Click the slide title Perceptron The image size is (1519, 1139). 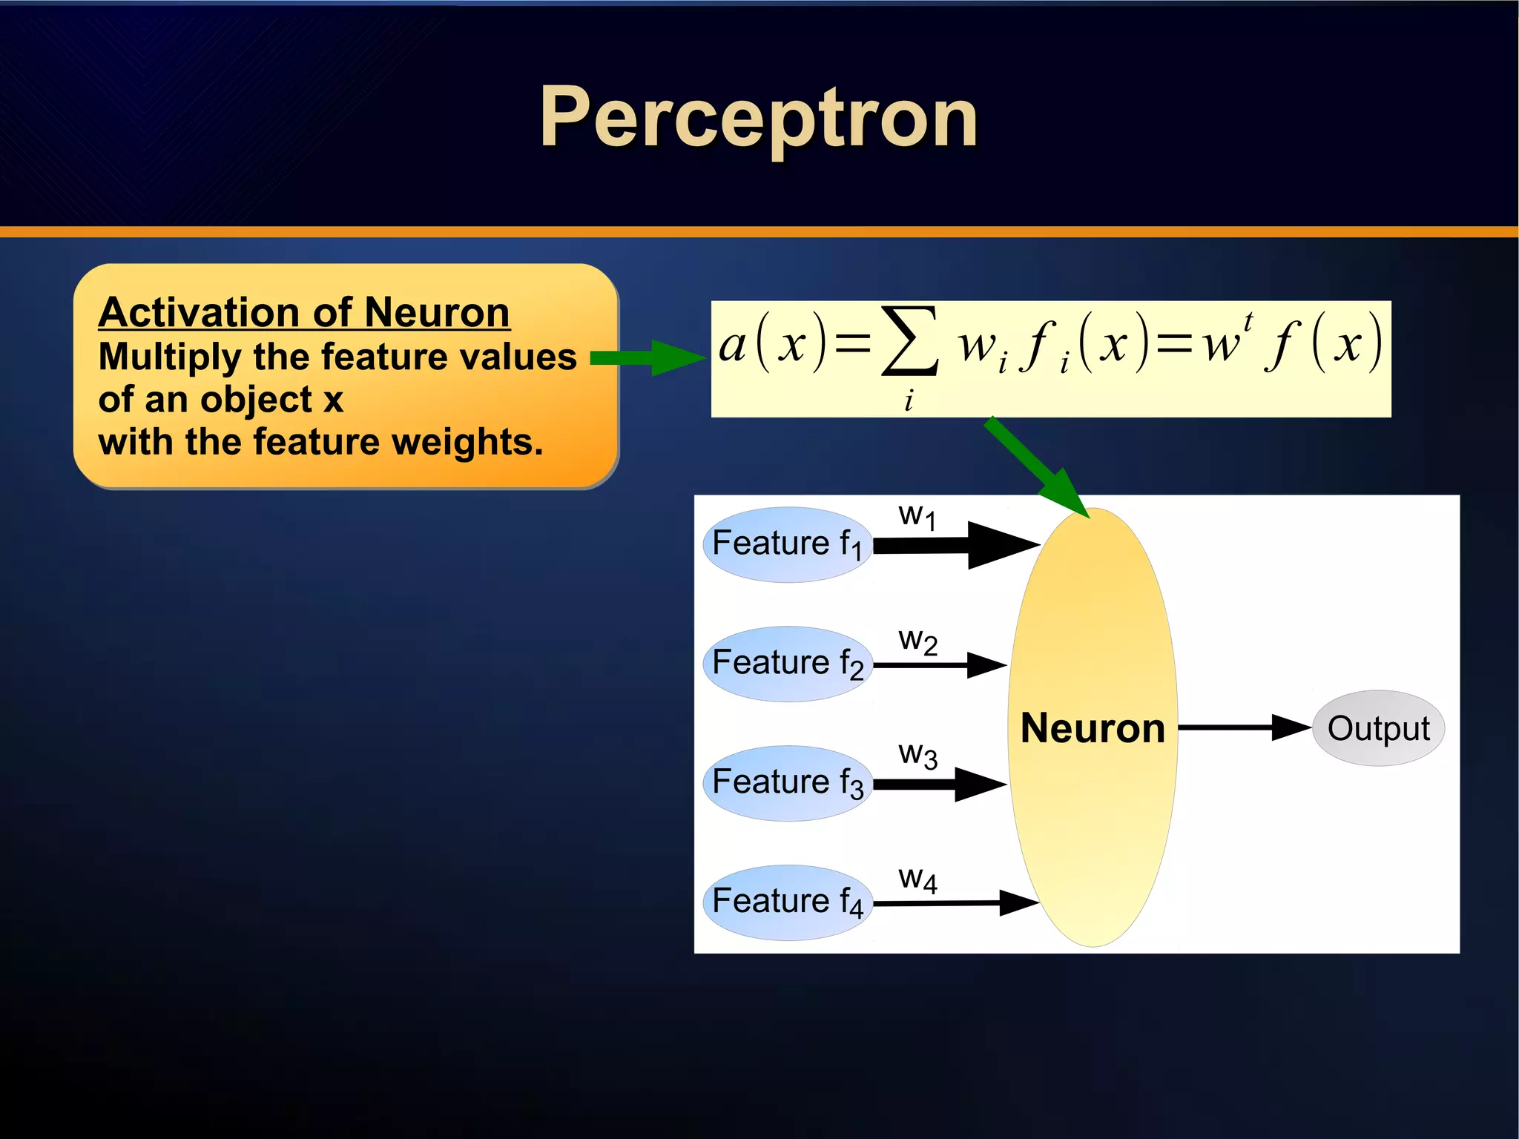pyautogui.click(x=758, y=117)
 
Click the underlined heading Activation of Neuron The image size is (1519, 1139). pyautogui.click(x=303, y=311)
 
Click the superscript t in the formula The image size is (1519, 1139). pyautogui.click(x=1248, y=322)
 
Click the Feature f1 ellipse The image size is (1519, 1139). pyautogui.click(x=787, y=544)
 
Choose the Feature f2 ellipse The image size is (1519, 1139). pyautogui.click(x=787, y=664)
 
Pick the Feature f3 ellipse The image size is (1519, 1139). pyautogui.click(x=787, y=783)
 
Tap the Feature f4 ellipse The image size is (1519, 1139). pyautogui.click(x=787, y=902)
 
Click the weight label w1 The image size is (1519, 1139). pyautogui.click(x=917, y=515)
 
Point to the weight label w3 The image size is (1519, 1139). pyautogui.click(x=917, y=755)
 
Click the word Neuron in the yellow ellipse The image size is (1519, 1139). pyautogui.click(x=1093, y=728)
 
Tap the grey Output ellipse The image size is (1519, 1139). pyautogui.click(x=1378, y=728)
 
